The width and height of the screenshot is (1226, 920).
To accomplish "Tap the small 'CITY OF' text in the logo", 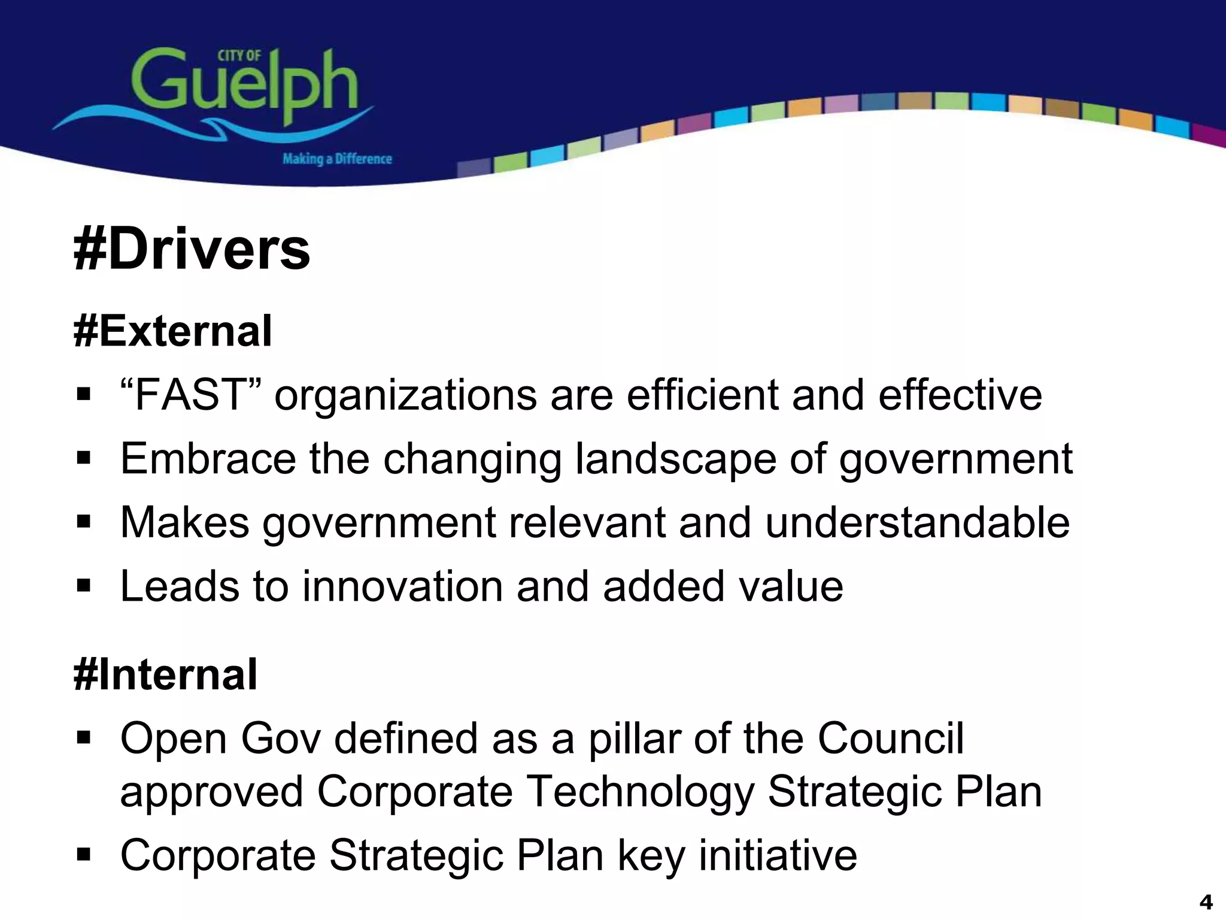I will (x=239, y=56).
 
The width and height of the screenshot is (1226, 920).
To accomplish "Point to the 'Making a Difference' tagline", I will (x=337, y=159).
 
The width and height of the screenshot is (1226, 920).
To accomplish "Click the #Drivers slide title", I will (x=192, y=249).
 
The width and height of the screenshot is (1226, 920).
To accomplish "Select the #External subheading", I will (x=173, y=331).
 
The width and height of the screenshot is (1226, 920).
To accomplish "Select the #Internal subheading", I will (x=166, y=674).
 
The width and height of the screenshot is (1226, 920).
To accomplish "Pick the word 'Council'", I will (x=890, y=738).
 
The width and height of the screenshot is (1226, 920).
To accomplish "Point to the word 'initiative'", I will (x=778, y=855).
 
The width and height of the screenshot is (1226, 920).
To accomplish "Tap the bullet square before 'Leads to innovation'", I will (x=83, y=585).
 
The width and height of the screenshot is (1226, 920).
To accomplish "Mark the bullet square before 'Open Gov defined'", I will (x=83, y=737).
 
